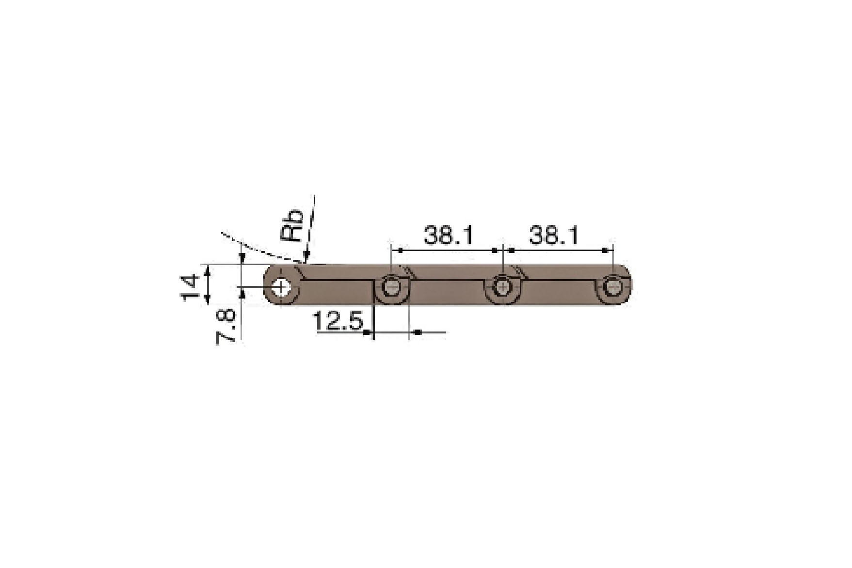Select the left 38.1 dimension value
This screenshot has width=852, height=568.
pyautogui.click(x=448, y=236)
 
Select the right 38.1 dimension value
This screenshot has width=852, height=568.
pyautogui.click(x=553, y=236)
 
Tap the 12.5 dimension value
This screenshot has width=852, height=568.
pyautogui.click(x=338, y=321)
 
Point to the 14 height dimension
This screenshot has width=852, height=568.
pyautogui.click(x=190, y=287)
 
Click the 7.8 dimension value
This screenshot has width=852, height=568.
pyautogui.click(x=226, y=327)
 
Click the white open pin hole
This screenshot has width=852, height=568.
pyautogui.click(x=281, y=287)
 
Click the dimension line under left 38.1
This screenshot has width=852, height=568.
pyautogui.click(x=446, y=250)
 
